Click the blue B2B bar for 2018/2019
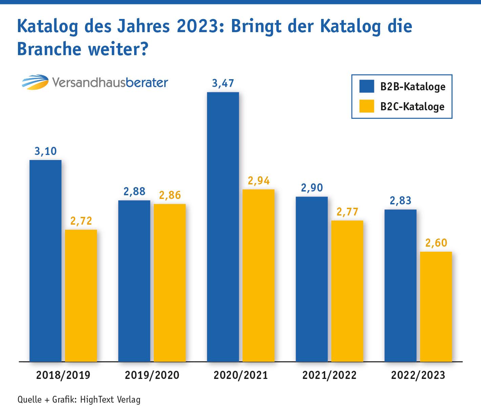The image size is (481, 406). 45,261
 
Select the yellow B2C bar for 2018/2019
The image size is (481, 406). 81,296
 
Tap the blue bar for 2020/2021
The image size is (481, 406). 223,227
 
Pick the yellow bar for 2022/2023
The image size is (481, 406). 436,307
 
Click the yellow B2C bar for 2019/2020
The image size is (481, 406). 170,283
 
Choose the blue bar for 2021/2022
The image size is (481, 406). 312,279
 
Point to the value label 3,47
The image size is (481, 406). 223,84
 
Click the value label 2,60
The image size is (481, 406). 436,243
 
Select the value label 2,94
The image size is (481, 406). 259,181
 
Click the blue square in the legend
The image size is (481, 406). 367,86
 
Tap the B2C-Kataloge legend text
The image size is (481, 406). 412,107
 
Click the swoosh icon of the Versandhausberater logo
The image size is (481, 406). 35,82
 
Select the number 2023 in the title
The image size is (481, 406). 198,26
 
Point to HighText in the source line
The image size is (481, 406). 97,400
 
